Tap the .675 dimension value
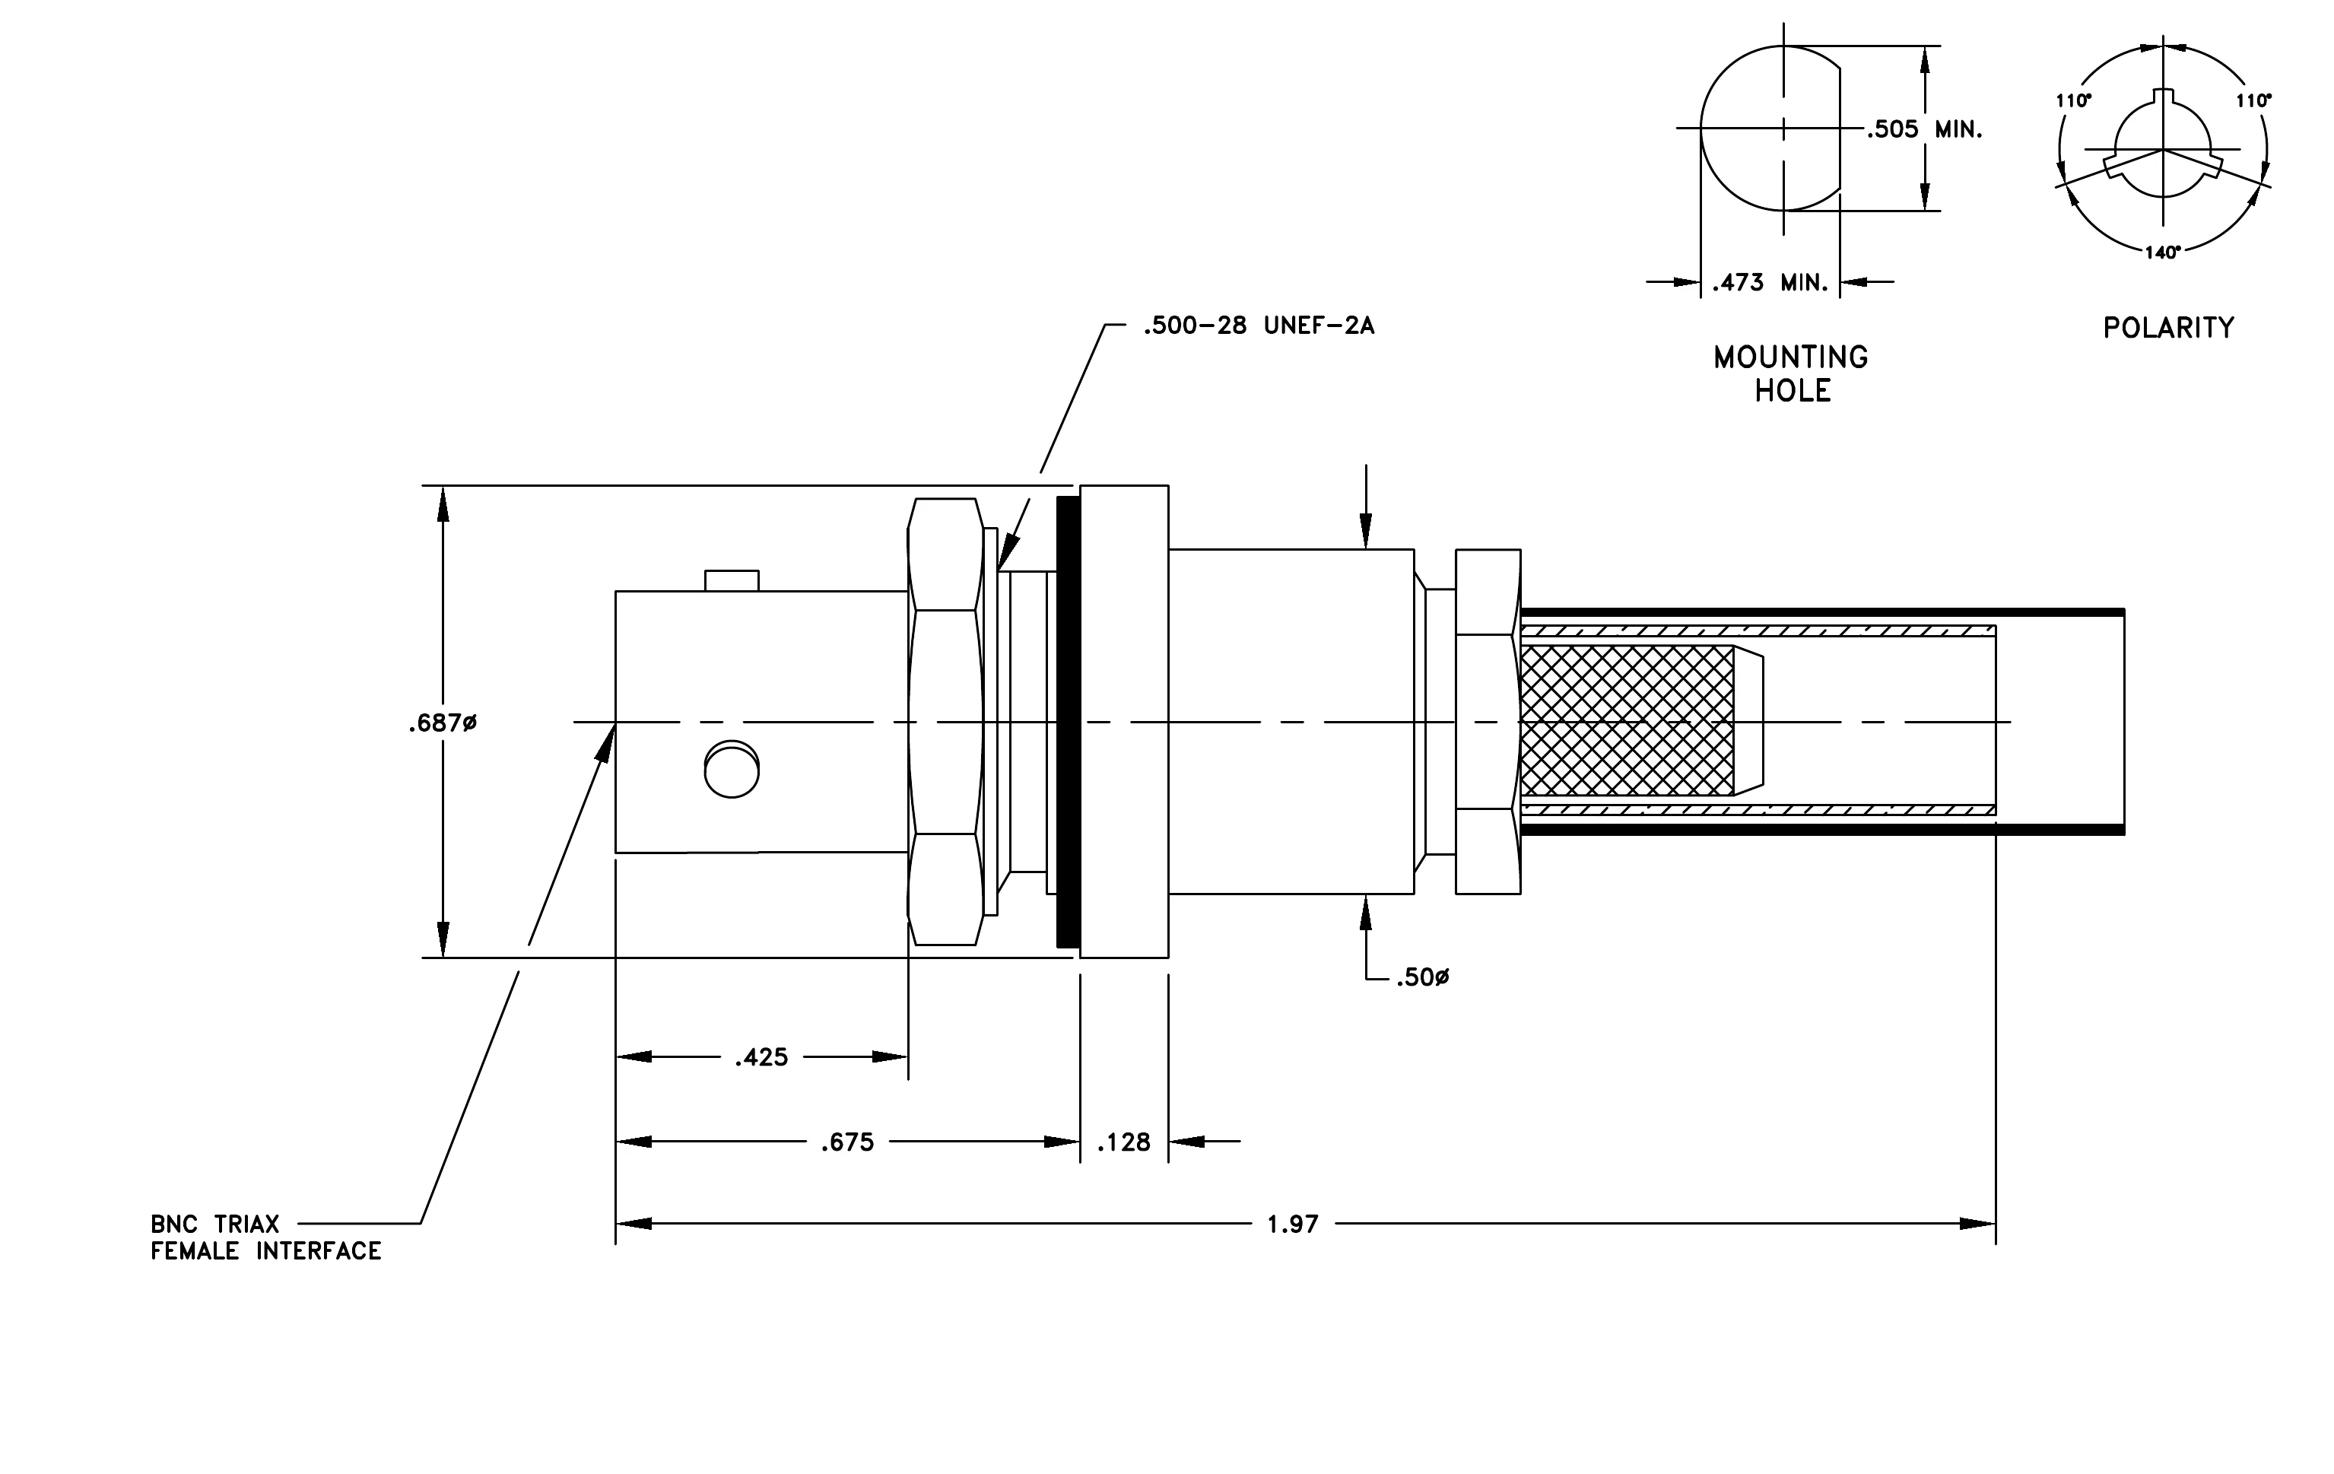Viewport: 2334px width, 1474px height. (x=847, y=1142)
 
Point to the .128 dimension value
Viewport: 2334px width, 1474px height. (x=1123, y=1142)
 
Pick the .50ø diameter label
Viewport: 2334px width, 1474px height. (x=1422, y=978)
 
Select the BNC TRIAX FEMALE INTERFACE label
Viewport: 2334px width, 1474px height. (x=265, y=1237)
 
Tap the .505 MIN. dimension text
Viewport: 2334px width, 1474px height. (x=1924, y=129)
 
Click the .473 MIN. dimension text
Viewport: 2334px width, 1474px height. (x=1770, y=283)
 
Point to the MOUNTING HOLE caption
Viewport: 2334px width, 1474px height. (x=1791, y=374)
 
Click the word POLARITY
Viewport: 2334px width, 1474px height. (x=2168, y=329)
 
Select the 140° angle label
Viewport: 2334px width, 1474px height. (x=2162, y=253)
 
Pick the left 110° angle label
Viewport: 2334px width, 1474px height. (x=2073, y=101)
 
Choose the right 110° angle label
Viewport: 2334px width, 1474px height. (x=2253, y=101)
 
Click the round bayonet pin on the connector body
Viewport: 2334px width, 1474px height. (x=732, y=770)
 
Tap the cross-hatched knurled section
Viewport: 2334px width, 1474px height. (x=1627, y=721)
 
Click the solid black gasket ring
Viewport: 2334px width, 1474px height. (x=1069, y=722)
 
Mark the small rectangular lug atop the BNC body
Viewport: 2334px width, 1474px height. (x=732, y=580)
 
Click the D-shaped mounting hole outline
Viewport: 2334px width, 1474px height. (x=1701, y=129)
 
